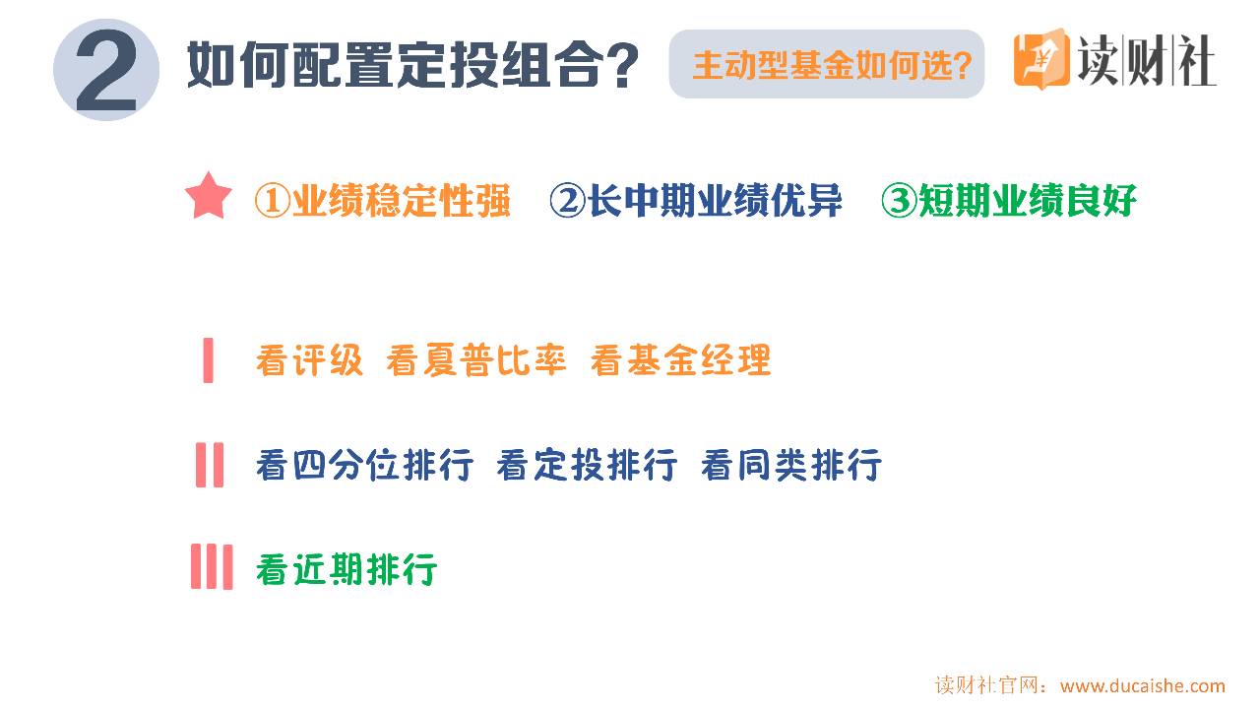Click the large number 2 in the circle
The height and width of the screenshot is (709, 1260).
106,70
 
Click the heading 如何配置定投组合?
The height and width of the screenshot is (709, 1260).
412,65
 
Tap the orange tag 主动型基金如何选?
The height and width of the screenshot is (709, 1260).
832,65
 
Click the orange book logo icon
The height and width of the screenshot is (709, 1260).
1041,58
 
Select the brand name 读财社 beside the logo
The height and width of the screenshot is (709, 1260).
1148,60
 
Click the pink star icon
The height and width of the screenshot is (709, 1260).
208,195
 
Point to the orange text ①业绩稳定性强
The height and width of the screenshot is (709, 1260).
383,200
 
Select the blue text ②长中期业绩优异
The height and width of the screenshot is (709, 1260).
696,200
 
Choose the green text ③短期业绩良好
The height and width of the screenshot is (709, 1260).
1009,200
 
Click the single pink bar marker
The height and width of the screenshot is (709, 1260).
208,360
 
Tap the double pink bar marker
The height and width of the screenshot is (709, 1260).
210,465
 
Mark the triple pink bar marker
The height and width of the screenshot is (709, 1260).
212,566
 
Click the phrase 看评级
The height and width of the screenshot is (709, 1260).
309,360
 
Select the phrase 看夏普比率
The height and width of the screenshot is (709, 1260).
475,360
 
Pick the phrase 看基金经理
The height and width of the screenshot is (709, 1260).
680,360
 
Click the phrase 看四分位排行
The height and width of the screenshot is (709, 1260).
364,465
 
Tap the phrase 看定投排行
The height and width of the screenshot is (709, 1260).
587,465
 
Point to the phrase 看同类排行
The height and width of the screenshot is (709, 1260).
790,465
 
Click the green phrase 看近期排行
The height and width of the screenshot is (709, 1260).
346,569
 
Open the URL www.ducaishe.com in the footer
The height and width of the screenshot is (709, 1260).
1143,686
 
